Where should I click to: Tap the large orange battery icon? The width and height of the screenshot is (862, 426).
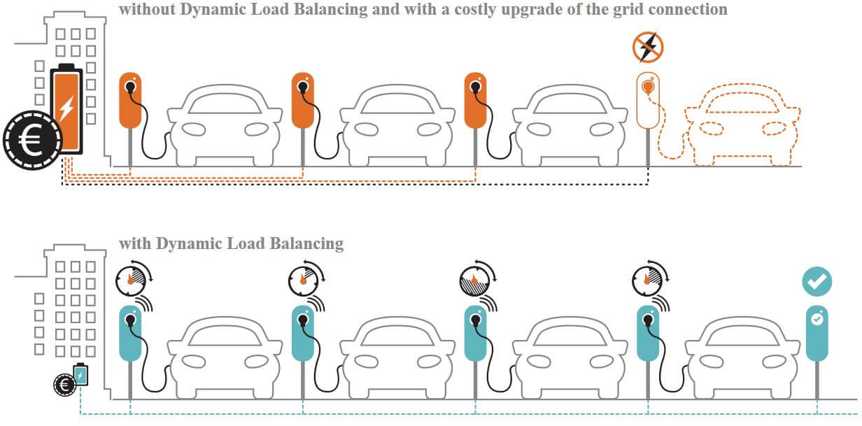click(x=66, y=108)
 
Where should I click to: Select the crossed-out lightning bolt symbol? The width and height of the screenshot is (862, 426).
click(x=648, y=47)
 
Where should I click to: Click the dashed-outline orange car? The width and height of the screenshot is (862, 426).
click(x=742, y=126)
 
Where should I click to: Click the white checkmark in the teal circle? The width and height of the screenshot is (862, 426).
click(x=817, y=281)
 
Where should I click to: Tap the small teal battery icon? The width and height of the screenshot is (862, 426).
click(x=81, y=376)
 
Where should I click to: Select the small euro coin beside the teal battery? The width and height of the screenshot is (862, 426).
click(x=64, y=384)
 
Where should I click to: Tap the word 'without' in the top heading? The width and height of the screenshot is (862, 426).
click(x=144, y=9)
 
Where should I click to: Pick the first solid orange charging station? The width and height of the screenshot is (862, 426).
click(x=130, y=100)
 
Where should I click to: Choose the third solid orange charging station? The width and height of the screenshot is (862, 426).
click(x=475, y=100)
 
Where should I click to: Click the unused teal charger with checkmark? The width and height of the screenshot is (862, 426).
click(x=817, y=332)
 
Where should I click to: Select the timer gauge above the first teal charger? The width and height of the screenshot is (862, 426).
click(x=130, y=280)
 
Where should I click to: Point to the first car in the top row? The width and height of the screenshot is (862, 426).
click(x=224, y=127)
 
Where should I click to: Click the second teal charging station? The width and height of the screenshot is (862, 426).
click(x=302, y=333)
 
